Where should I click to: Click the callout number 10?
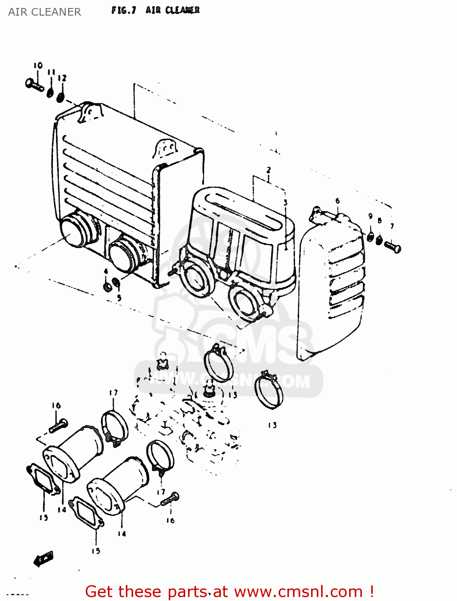point(38,65)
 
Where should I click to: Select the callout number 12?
point(62,78)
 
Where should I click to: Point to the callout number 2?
point(268,170)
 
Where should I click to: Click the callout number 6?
point(338,201)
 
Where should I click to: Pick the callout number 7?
point(392,226)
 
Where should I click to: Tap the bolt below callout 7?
point(392,246)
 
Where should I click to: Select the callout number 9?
point(370,216)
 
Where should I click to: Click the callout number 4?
point(106,272)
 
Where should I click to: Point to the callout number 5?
point(119,298)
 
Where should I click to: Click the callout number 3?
point(285,202)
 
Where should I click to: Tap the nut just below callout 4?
point(107,287)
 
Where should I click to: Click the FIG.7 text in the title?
point(123,10)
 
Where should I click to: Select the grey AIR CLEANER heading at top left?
point(44,12)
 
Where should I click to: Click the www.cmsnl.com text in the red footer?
point(298,591)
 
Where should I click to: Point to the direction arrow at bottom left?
point(43,559)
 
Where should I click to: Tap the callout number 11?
point(51,72)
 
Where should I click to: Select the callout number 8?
point(380,220)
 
